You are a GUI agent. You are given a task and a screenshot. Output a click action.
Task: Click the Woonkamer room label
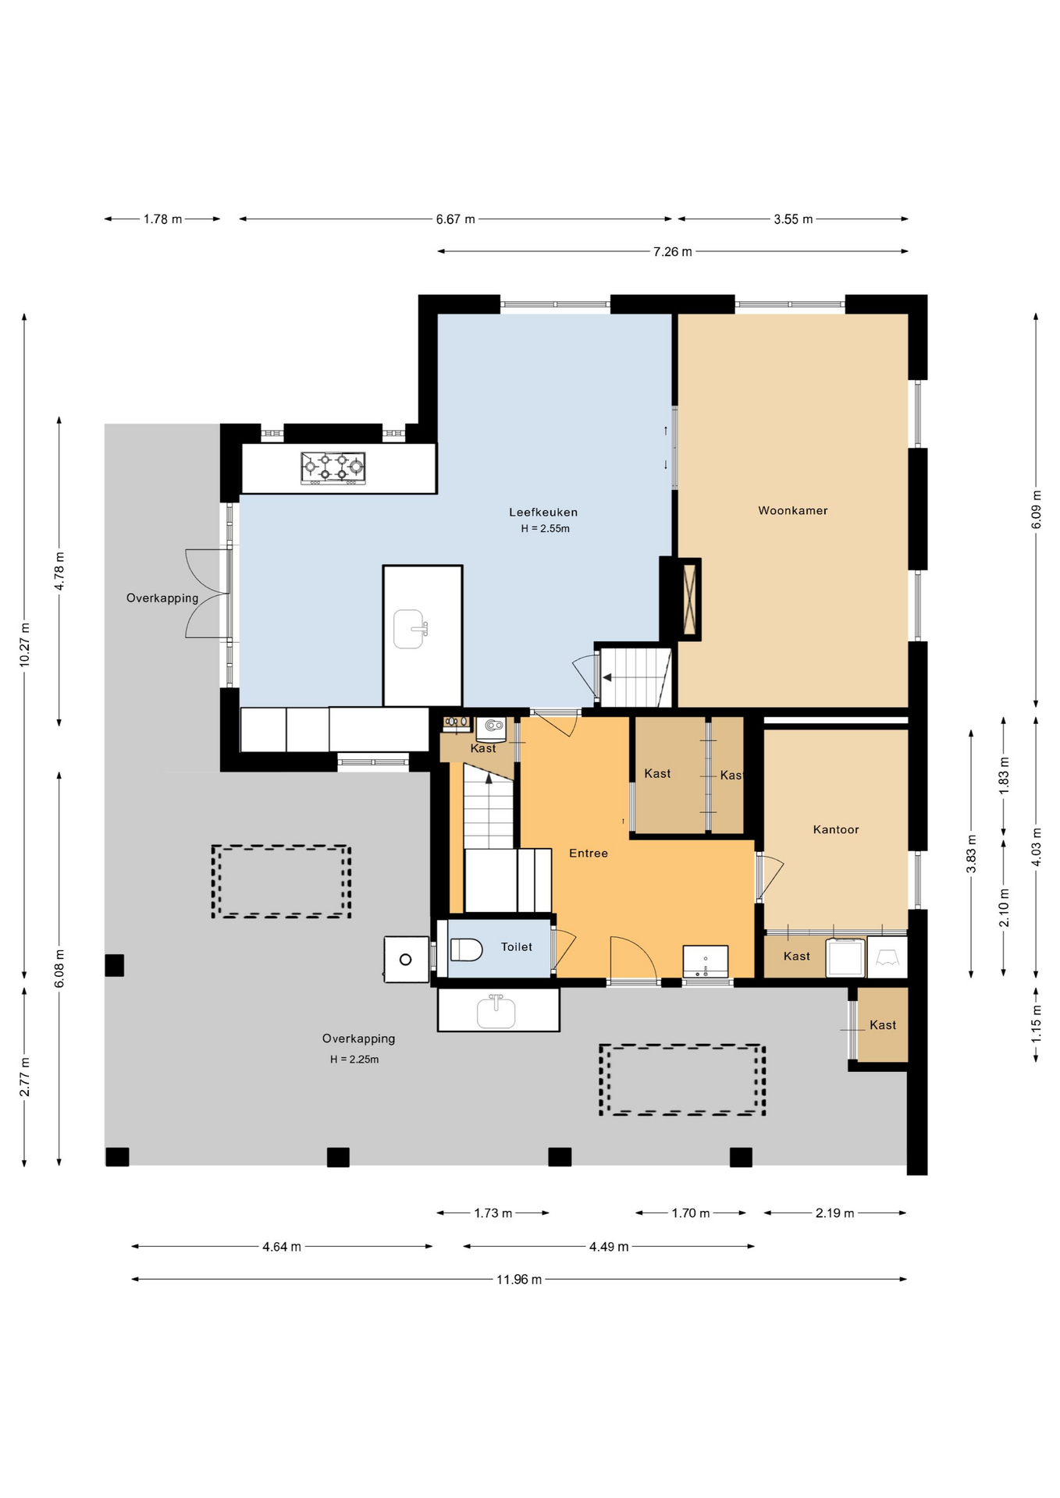pos(792,511)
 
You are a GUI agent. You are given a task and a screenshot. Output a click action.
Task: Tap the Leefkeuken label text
pos(543,513)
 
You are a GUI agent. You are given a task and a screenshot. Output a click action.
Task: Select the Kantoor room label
pos(836,829)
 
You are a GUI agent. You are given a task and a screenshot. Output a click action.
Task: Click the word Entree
pos(589,854)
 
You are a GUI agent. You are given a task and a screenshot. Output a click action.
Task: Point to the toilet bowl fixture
pos(467,950)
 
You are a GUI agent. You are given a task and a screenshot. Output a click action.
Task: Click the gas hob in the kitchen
pos(333,468)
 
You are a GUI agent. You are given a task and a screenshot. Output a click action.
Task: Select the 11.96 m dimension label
pos(519,1280)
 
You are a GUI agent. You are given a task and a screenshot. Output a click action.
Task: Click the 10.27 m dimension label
pos(24,644)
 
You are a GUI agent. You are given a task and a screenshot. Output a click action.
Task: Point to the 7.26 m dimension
pos(673,252)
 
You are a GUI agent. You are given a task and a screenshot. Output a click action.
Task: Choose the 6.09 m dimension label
pos(1037,509)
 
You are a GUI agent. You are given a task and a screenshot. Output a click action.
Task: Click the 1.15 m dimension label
pos(1037,1024)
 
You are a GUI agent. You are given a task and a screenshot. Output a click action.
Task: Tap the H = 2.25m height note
pos(354,1060)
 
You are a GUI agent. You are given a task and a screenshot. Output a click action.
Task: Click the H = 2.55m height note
pos(546,529)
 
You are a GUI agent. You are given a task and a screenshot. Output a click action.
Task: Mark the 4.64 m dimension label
pos(282,1247)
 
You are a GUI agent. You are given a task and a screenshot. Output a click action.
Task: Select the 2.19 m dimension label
pos(835,1213)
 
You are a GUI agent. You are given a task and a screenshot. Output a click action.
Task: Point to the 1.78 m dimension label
pos(162,219)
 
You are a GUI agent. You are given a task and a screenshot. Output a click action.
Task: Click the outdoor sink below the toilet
pos(496,1011)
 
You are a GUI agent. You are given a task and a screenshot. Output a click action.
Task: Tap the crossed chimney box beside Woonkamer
pos(689,599)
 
